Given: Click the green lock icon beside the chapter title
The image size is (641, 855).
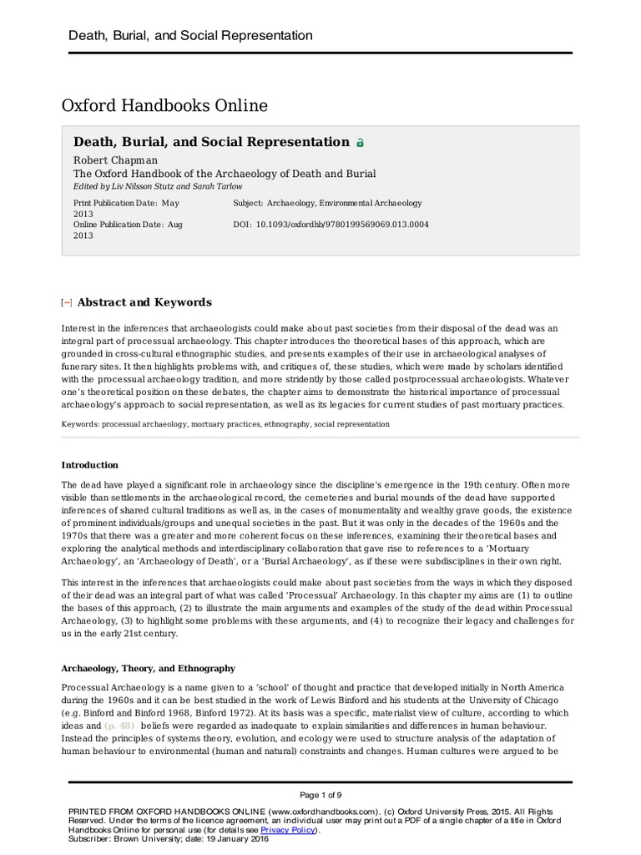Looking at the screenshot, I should coord(360,143).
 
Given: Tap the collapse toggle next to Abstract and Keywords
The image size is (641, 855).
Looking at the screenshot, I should coord(67,303).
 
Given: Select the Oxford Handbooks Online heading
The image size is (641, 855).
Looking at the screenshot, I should coord(164,106).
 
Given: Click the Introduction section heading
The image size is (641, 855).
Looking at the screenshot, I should coord(90,465).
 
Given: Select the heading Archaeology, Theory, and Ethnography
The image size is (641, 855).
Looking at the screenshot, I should coord(149,668).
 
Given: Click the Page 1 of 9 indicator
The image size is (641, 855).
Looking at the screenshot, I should coord(320,793).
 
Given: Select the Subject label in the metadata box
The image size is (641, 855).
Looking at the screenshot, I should coord(248,203).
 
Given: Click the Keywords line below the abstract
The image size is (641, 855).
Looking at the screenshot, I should coord(225,424).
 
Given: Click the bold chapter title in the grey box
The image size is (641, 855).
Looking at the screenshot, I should coord(211,142).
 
